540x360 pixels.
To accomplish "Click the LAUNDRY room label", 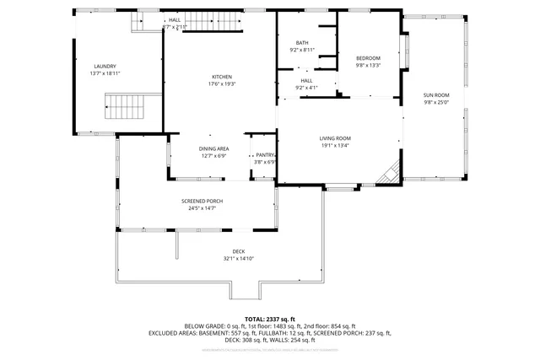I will tap(105, 67).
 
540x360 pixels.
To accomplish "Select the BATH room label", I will tap(302, 43).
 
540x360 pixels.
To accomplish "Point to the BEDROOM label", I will tap(368, 57).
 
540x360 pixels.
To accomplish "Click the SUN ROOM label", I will tap(436, 95).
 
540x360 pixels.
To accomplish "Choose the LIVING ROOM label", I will tap(335, 138).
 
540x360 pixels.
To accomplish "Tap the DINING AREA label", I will tap(214, 148).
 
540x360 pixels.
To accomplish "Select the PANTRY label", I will tap(265, 155).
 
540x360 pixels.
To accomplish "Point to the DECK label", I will tap(240, 252).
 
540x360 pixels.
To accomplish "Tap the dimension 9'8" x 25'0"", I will tap(436, 103).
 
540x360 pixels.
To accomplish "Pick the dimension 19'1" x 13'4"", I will tap(335, 145).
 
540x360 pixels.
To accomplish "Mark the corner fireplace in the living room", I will tap(388, 174).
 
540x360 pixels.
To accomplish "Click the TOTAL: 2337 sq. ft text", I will tap(270, 319).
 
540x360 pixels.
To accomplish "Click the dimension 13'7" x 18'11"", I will tap(105, 74).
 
